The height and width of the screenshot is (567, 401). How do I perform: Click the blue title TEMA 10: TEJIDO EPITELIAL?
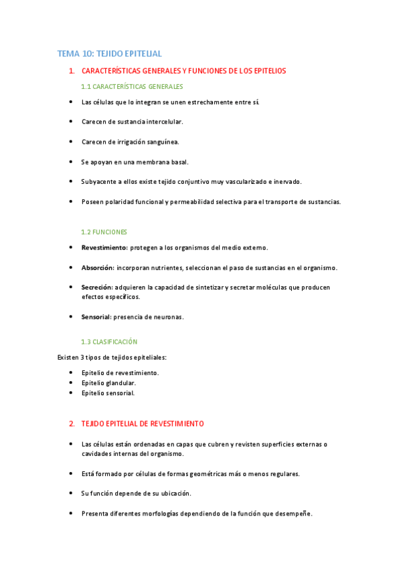[x=110, y=53]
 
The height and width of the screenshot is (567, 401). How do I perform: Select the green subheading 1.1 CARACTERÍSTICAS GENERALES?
[x=132, y=86]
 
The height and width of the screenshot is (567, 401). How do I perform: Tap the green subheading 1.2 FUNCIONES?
[x=104, y=231]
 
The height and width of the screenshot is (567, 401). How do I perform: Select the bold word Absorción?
[x=98, y=267]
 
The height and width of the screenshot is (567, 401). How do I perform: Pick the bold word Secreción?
[x=98, y=287]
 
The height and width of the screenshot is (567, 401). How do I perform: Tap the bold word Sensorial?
[x=96, y=316]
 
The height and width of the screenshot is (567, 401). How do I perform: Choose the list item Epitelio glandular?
[x=108, y=382]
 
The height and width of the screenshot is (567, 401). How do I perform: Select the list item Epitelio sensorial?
[x=108, y=393]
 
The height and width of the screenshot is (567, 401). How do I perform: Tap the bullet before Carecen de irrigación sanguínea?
[x=71, y=142]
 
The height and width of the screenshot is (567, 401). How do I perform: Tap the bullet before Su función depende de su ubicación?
[x=71, y=493]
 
